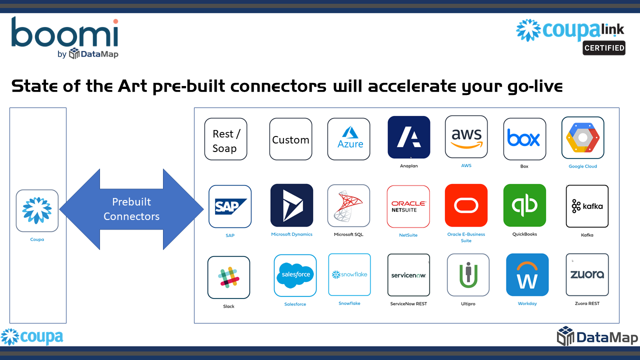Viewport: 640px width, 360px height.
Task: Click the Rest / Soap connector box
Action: click(225, 139)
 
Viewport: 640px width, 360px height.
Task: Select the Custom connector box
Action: click(290, 139)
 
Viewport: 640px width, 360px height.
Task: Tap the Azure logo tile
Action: click(348, 139)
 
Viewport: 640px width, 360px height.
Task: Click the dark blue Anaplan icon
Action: click(408, 137)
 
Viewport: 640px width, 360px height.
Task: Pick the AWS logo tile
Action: click(466, 136)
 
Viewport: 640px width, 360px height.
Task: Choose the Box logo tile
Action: click(524, 139)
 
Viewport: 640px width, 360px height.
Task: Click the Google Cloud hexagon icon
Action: click(582, 137)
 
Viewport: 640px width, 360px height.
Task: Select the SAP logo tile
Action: click(230, 206)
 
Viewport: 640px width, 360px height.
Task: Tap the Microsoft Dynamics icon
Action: click(291, 205)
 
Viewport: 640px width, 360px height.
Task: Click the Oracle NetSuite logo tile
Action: click(408, 206)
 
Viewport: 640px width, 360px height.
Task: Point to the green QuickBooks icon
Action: click(524, 205)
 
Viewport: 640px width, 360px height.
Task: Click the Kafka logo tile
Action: click(587, 206)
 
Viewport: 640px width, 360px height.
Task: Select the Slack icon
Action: click(228, 277)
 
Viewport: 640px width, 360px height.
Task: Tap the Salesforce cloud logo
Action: click(295, 275)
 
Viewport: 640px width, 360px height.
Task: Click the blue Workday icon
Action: click(527, 275)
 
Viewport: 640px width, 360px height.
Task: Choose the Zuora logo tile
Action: click(587, 274)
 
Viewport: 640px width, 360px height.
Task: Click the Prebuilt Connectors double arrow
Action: click(131, 209)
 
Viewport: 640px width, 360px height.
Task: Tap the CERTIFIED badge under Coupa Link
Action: click(604, 48)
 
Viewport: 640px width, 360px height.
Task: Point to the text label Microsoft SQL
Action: click(348, 234)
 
